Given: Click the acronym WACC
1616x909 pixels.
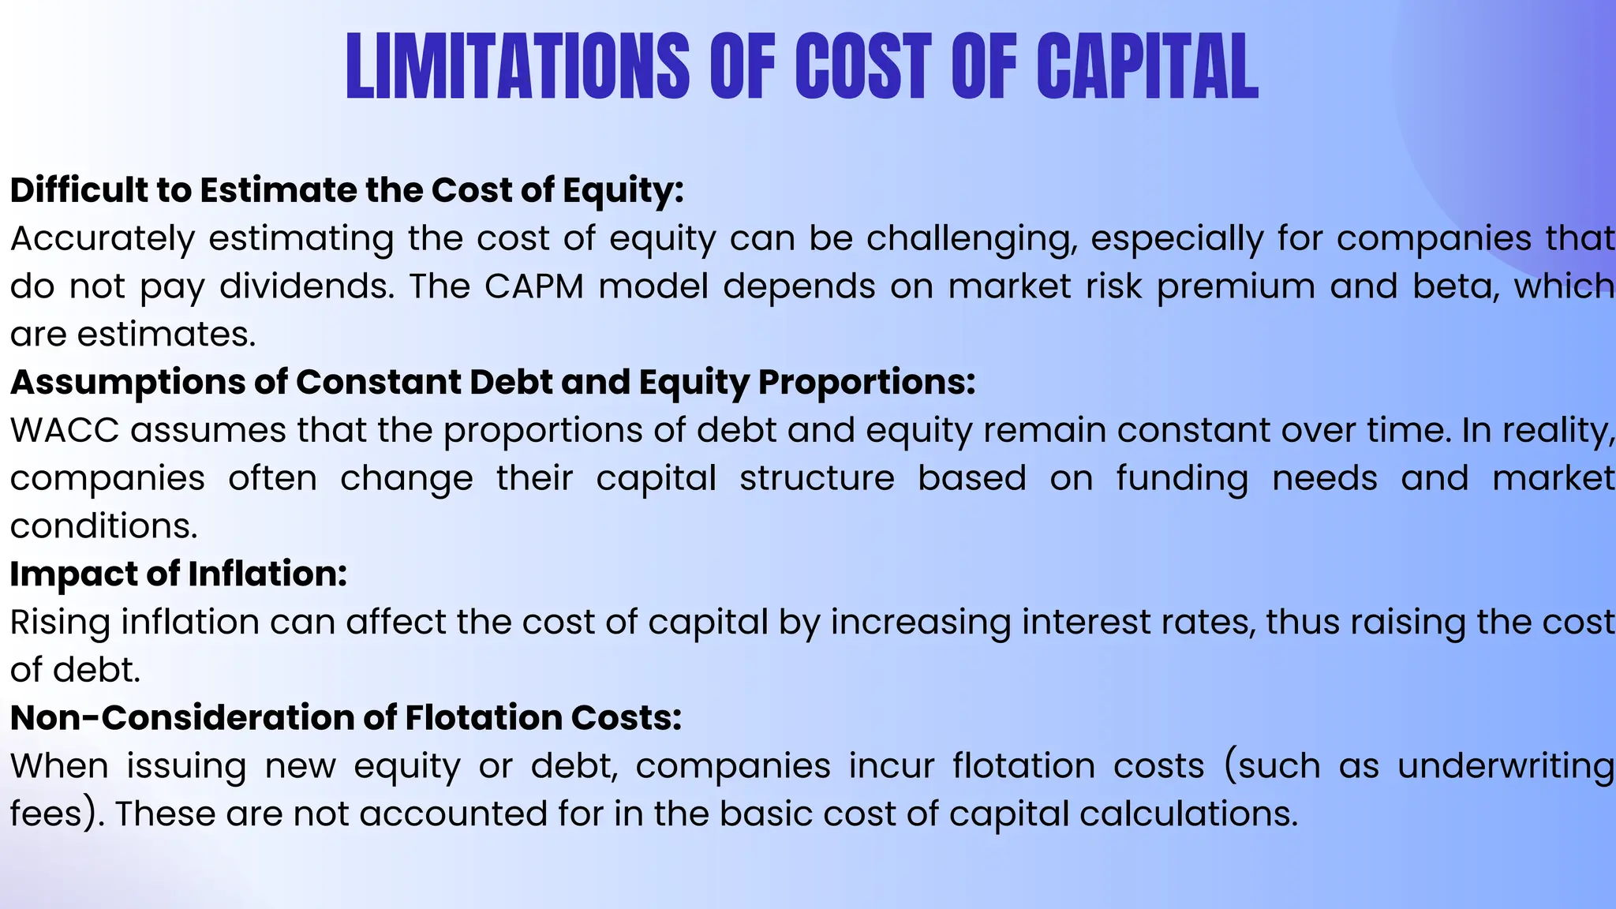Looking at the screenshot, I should point(65,431).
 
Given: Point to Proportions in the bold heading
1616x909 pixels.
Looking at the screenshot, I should point(866,383).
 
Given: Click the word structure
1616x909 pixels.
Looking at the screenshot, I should point(817,479).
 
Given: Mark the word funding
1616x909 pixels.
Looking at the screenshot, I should point(1182,479).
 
